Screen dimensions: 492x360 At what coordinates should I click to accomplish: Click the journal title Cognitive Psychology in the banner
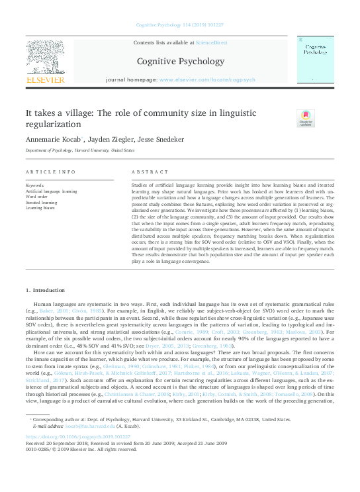click(180, 62)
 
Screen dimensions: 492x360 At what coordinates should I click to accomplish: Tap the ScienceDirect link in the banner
click(212, 42)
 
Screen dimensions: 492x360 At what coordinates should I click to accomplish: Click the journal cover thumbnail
click(314, 59)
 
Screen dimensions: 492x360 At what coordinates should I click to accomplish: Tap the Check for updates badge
click(306, 119)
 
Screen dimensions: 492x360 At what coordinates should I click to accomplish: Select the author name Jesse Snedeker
click(164, 140)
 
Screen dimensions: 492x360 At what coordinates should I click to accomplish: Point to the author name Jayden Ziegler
click(111, 140)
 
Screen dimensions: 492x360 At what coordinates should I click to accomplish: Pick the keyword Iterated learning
click(42, 202)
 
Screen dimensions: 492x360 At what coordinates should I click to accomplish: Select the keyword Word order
click(37, 197)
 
